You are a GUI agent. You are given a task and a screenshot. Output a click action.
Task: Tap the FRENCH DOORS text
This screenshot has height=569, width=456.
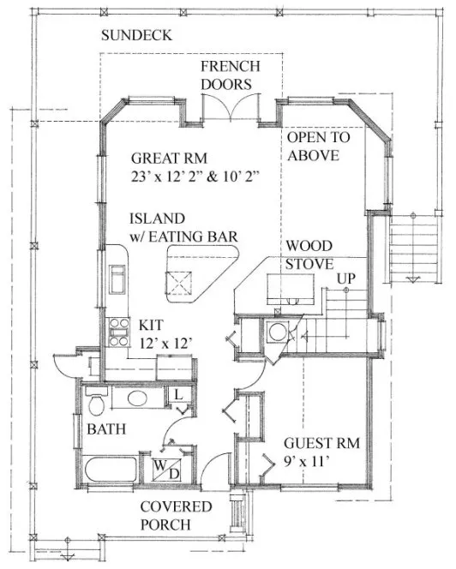click(230, 75)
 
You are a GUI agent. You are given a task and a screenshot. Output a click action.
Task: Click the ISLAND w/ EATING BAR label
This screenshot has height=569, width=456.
click(183, 227)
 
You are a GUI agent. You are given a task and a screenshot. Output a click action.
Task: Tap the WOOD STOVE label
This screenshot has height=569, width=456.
click(309, 255)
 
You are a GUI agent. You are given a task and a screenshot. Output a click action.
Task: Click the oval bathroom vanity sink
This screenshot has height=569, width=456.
click(138, 399)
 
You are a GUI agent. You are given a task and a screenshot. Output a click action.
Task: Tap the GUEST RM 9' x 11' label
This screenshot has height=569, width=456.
click(321, 452)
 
